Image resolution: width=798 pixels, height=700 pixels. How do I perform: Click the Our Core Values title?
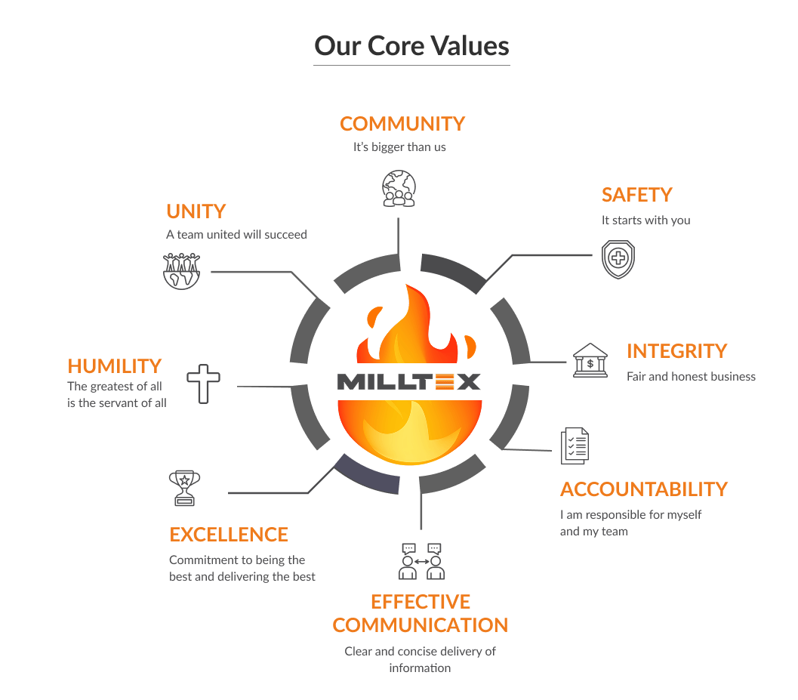(411, 46)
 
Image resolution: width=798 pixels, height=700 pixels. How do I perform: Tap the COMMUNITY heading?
(402, 124)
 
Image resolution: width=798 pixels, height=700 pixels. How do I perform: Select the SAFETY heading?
(636, 195)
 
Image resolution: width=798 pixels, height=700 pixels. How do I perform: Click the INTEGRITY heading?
(677, 351)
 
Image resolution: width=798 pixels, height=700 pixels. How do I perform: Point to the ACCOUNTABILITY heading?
(644, 489)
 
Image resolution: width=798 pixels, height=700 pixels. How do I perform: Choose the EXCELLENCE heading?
(229, 535)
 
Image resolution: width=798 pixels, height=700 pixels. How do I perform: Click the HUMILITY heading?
(115, 366)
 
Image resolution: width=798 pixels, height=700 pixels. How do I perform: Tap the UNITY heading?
(196, 211)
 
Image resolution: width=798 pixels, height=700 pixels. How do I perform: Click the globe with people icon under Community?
(399, 188)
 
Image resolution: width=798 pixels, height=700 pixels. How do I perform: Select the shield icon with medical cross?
(618, 259)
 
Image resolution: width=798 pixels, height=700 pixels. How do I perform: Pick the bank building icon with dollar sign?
(590, 360)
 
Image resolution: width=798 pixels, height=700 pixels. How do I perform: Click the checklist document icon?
(575, 446)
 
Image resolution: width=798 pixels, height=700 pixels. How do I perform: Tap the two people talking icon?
(421, 561)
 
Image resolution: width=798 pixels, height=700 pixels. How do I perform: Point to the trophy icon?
(184, 488)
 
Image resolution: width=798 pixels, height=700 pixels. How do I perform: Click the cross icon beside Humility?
(204, 384)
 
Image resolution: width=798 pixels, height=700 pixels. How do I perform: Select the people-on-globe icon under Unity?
(182, 271)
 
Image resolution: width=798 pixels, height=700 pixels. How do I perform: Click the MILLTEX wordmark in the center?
(408, 382)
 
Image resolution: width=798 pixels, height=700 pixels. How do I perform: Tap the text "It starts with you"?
(645, 220)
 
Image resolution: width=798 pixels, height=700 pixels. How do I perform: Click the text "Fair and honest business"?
(691, 377)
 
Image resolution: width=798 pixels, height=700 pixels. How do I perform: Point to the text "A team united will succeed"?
(236, 235)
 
